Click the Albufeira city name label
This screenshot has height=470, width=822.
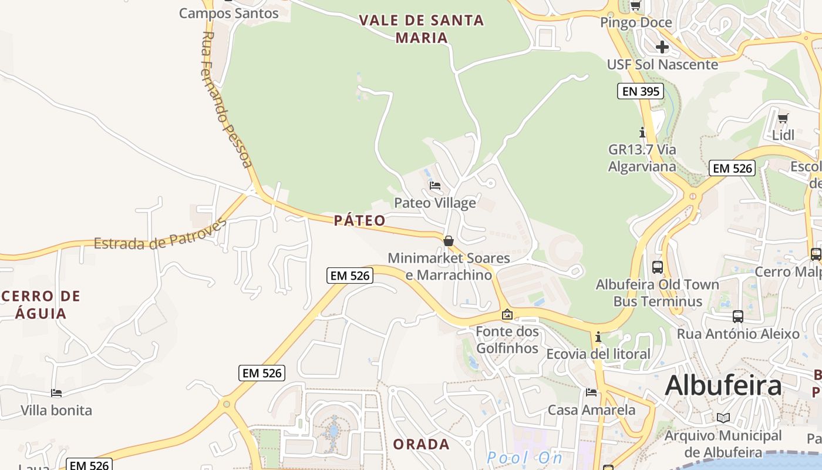[723, 386]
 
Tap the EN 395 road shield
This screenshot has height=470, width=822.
[640, 91]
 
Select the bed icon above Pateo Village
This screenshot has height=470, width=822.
[434, 186]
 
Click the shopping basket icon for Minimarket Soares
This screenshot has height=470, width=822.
[449, 241]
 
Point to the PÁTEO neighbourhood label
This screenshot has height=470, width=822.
[360, 220]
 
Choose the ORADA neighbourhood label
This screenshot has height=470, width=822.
[421, 444]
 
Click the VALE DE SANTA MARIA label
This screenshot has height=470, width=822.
[421, 29]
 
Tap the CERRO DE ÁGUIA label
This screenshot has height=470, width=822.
[41, 304]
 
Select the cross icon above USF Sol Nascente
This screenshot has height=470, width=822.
[662, 47]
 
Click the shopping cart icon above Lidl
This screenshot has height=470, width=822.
[783, 118]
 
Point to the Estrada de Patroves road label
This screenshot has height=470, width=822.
[160, 236]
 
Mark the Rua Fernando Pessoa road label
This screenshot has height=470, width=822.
[227, 100]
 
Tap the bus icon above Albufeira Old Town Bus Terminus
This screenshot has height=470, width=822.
[658, 267]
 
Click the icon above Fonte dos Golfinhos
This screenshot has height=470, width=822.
[507, 315]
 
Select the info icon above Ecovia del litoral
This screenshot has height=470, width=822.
[598, 337]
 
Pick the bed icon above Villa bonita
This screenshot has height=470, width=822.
[56, 393]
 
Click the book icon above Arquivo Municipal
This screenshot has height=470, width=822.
[723, 418]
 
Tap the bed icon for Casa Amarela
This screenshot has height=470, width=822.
[591, 392]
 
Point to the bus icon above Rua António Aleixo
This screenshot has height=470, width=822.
[738, 317]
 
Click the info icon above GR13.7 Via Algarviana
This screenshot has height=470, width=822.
[642, 133]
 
